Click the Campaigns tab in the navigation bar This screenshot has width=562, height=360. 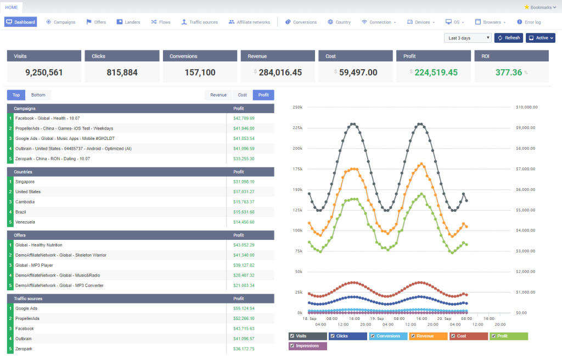click(61, 22)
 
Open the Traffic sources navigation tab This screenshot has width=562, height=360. click(200, 22)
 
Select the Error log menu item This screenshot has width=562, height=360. click(529, 22)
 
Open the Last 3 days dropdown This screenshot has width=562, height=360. click(468, 38)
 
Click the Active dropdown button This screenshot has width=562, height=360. click(541, 38)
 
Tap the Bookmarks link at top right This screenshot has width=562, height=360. click(540, 7)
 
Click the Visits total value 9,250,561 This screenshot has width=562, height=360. click(44, 72)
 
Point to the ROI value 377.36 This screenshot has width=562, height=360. click(508, 72)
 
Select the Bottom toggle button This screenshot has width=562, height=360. click(38, 95)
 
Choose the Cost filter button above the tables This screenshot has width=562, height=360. click(242, 95)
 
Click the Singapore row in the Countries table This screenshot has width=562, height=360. click(25, 182)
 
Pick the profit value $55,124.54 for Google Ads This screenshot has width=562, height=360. click(244, 308)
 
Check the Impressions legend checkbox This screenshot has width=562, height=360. click(292, 346)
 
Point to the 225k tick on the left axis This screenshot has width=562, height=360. click(297, 128)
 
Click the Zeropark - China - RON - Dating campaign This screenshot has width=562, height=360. click(53, 159)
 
